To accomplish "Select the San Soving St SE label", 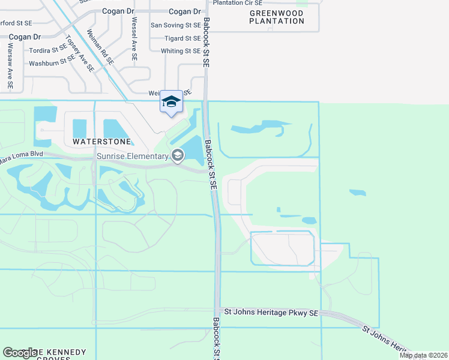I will point(175,25).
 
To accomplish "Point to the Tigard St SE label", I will point(182,38).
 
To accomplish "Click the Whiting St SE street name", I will point(180,52).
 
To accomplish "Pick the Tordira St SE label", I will point(47,49).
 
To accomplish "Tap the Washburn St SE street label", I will point(52,62).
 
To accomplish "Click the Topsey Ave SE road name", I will point(80,55).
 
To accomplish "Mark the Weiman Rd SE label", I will point(100,47).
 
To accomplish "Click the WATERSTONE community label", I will point(102,142).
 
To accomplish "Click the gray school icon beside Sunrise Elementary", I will point(177,156).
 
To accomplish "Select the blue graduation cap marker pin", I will point(171,101).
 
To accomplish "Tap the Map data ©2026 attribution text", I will point(424,355).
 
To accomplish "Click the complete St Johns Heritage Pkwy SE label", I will point(270,312).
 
